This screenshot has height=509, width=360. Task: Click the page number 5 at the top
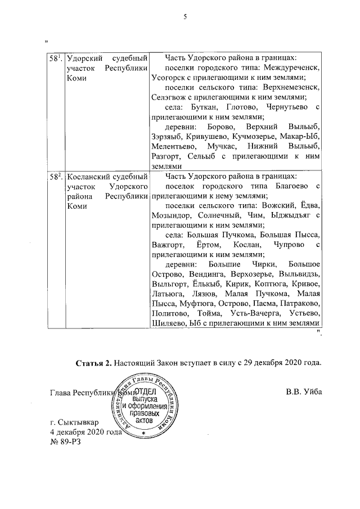[x=184, y=16]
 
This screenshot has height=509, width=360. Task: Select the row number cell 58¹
[x=55, y=58]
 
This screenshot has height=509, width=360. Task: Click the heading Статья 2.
[x=93, y=363]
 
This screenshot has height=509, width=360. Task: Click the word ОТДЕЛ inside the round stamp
[x=147, y=391]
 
